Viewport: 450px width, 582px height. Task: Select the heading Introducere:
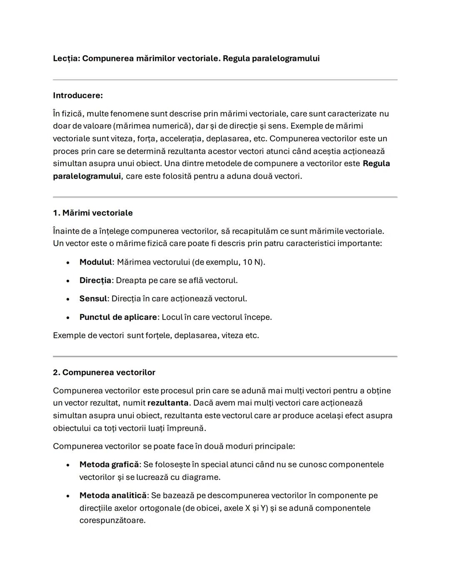[x=77, y=95]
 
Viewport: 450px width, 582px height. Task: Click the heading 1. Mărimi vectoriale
[x=92, y=213]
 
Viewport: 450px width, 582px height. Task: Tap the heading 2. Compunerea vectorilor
[x=104, y=372]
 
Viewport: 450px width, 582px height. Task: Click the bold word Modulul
[x=95, y=262]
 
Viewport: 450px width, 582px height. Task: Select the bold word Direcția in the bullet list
[x=95, y=280]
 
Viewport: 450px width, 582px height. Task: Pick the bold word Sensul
[x=93, y=299]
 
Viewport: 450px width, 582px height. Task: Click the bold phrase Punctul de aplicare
[x=118, y=317]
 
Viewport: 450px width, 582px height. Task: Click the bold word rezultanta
[x=167, y=403]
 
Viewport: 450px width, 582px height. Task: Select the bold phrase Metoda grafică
[x=109, y=465]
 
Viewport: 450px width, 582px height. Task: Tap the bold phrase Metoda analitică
[x=112, y=495]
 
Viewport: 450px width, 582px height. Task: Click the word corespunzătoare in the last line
[x=112, y=520]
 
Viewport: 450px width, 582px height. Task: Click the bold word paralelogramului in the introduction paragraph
[x=87, y=176]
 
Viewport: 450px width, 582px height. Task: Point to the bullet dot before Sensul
[x=67, y=299]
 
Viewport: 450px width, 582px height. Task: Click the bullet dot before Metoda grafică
[x=67, y=465]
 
